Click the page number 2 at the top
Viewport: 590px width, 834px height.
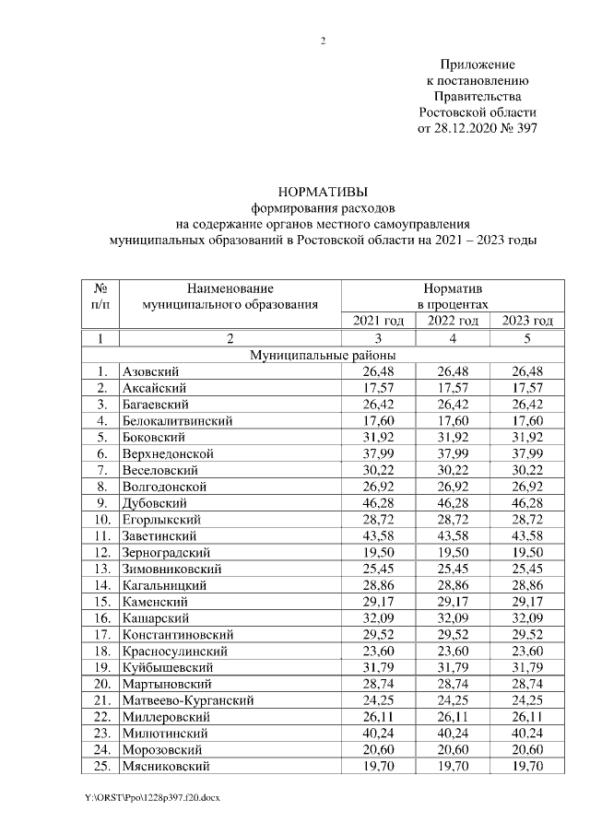324,41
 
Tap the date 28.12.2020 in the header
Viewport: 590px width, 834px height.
465,129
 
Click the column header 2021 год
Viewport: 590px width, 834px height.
378,321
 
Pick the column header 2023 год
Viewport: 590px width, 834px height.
527,321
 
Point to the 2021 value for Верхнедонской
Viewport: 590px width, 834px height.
378,453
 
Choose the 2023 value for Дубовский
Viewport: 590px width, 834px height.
527,503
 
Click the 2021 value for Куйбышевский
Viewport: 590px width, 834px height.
378,667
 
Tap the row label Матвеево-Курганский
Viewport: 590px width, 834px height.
188,700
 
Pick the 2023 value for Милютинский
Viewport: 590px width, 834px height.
527,734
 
